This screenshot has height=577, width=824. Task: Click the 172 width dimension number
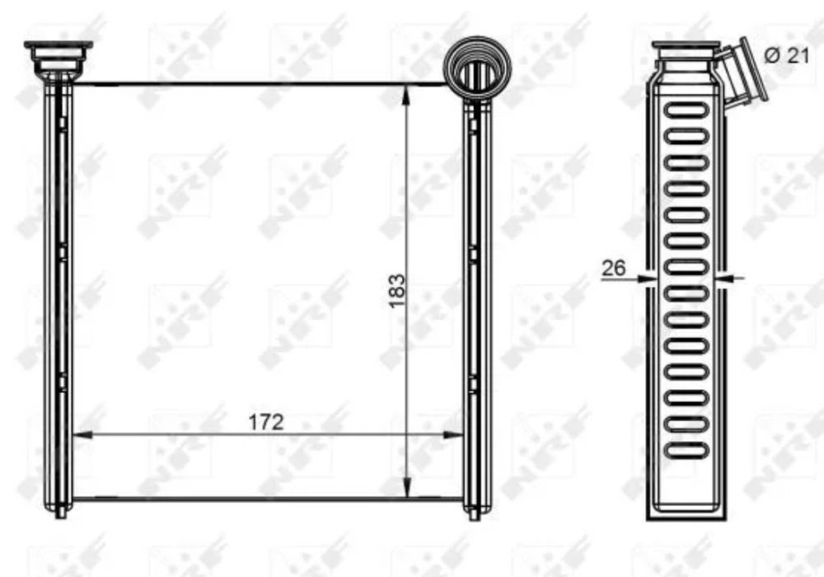266,421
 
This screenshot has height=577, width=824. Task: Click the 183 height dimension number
397,291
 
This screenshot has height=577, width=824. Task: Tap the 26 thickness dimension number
613,268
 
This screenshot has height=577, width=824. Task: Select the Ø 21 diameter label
787,55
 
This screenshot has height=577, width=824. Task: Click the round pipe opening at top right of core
477,68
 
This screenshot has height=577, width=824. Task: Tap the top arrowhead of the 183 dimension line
406,95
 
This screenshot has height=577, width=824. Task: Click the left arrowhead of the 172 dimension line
82,434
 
